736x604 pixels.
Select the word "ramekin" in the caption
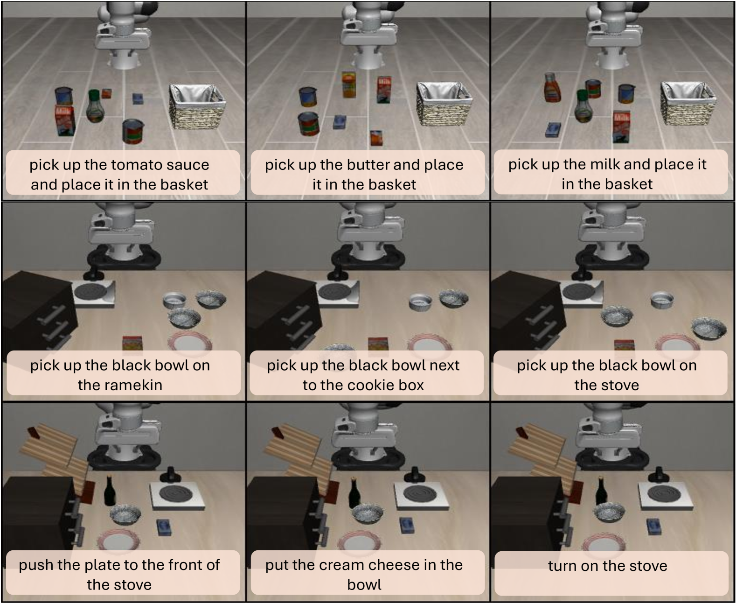pos(120,385)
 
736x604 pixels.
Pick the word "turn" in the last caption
pos(562,566)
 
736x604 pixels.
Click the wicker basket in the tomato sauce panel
pos(197,106)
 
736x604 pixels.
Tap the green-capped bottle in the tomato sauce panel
pos(95,106)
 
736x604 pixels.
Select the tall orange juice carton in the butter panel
pos(348,84)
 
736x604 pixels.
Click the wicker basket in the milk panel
pos(688,103)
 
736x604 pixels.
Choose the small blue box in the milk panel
pos(553,130)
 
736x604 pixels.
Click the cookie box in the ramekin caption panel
pos(132,343)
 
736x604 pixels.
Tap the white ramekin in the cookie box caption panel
pos(420,302)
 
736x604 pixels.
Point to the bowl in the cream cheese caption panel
pos(368,515)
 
